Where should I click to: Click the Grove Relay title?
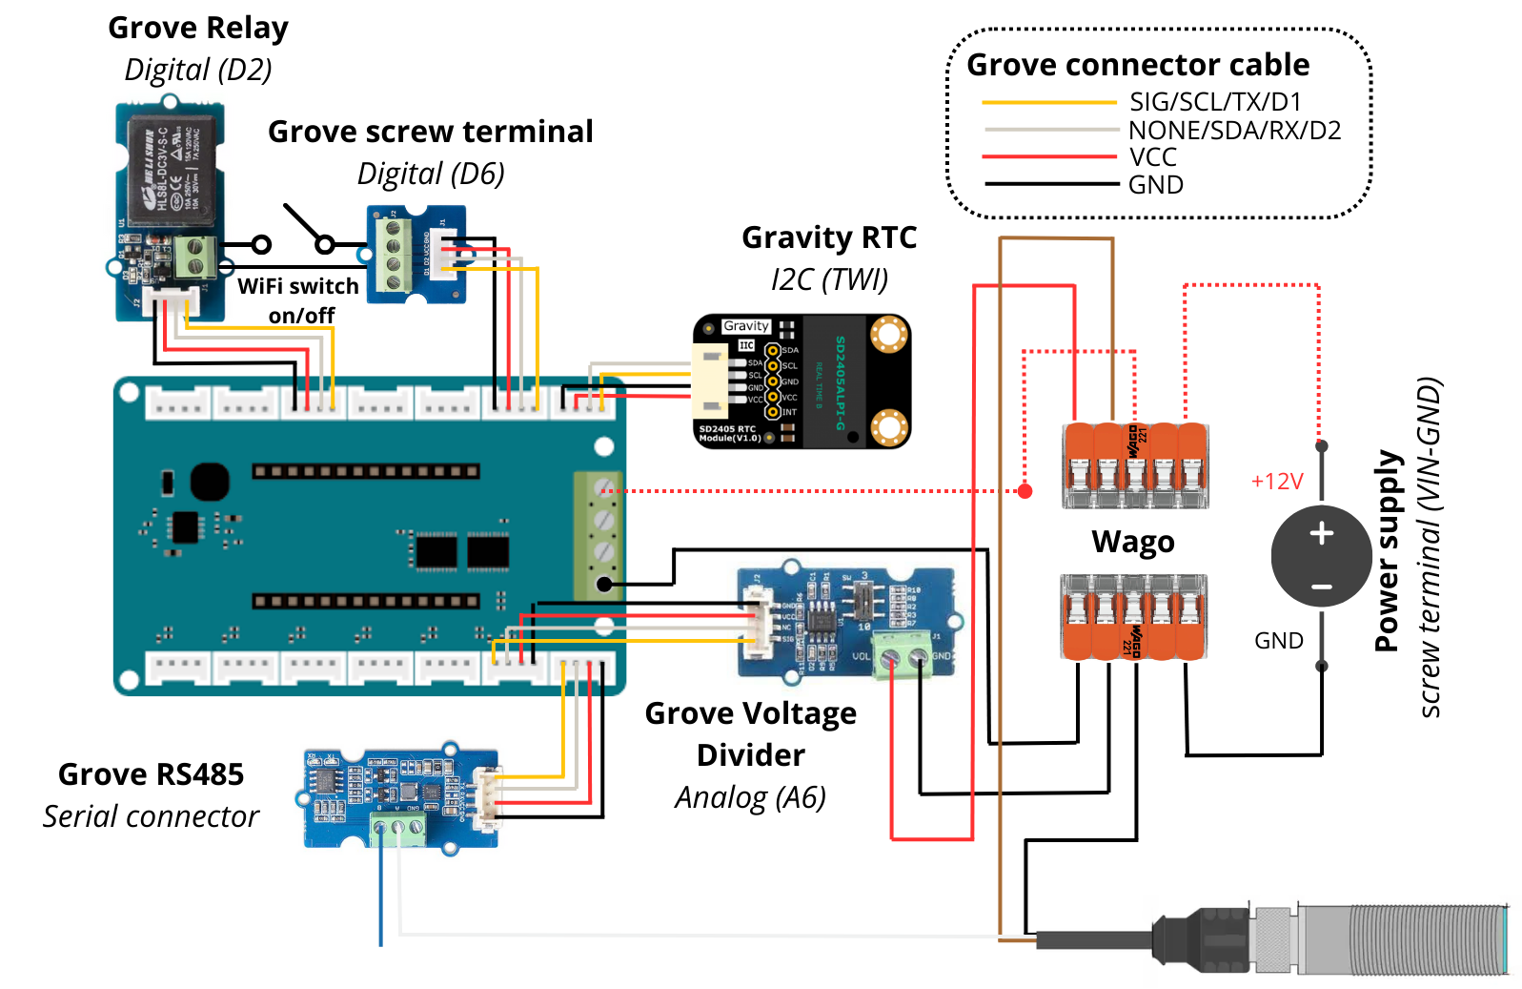pyautogui.click(x=197, y=29)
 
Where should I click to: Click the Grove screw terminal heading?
pyautogui.click(x=430, y=132)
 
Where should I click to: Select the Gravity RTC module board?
pyautogui.click(x=802, y=381)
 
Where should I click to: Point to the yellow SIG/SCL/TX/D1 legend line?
pyautogui.click(x=1048, y=102)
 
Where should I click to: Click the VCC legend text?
pyautogui.click(x=1152, y=157)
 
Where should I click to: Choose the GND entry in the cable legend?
pyautogui.click(x=1155, y=185)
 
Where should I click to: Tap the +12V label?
pyautogui.click(x=1276, y=482)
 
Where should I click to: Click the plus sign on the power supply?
pyautogui.click(x=1321, y=533)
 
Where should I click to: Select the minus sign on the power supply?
pyautogui.click(x=1321, y=587)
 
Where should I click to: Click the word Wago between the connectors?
pyautogui.click(x=1132, y=542)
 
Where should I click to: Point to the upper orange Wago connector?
pyautogui.click(x=1135, y=465)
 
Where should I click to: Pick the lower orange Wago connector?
pyautogui.click(x=1133, y=617)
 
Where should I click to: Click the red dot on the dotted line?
pyautogui.click(x=1025, y=491)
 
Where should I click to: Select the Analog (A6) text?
pyautogui.click(x=750, y=797)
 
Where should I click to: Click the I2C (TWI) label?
pyautogui.click(x=829, y=279)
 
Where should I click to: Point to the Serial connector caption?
pyautogui.click(x=151, y=816)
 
